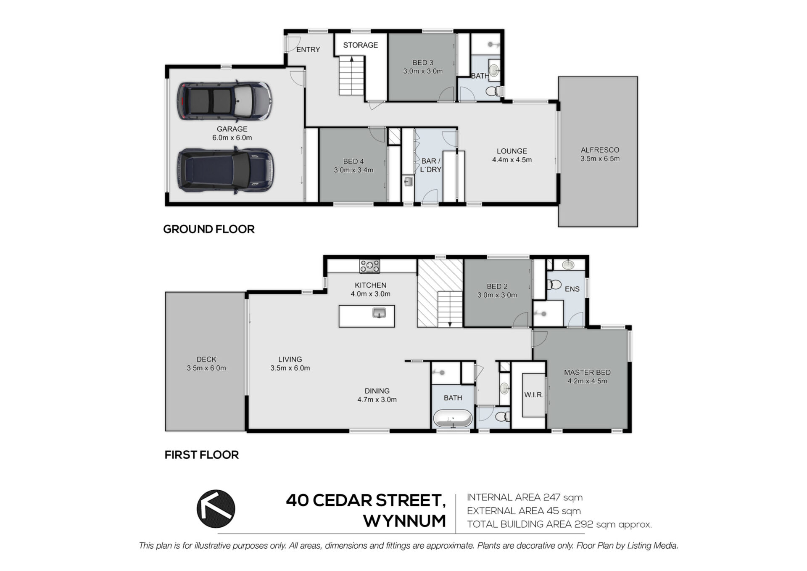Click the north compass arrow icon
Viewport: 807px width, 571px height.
(216, 509)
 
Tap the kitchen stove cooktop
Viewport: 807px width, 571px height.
(369, 266)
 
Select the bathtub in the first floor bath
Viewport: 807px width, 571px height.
(453, 419)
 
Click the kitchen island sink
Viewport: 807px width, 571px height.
(379, 313)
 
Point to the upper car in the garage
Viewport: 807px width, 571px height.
(224, 101)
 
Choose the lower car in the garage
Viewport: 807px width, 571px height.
(225, 170)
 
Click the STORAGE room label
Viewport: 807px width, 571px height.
(360, 45)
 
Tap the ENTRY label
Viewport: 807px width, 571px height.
(308, 50)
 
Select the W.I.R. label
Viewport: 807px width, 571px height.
(534, 395)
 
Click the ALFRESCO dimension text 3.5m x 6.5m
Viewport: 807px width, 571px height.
(600, 159)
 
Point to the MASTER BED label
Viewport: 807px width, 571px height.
(587, 372)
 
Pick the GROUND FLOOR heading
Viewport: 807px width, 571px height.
(209, 229)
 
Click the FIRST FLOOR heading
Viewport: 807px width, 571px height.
(202, 455)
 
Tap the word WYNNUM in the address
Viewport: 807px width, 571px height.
(404, 521)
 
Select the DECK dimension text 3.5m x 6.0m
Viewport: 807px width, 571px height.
(206, 368)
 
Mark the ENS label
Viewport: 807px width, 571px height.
(572, 289)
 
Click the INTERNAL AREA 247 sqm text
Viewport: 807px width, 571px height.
(525, 497)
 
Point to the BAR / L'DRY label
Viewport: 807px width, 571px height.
(431, 165)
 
